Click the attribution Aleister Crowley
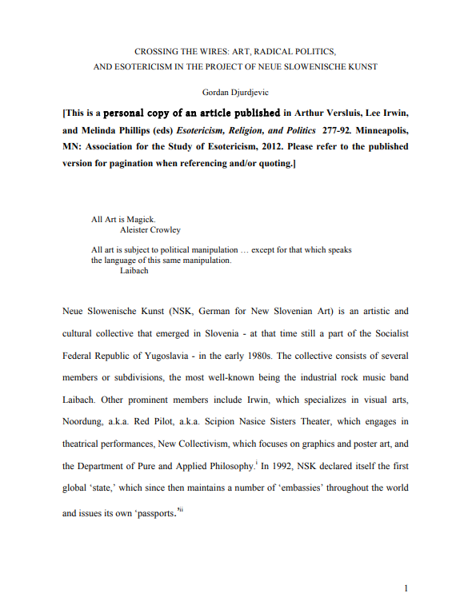150,230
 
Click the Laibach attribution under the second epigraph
134,271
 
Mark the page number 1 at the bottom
406,590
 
